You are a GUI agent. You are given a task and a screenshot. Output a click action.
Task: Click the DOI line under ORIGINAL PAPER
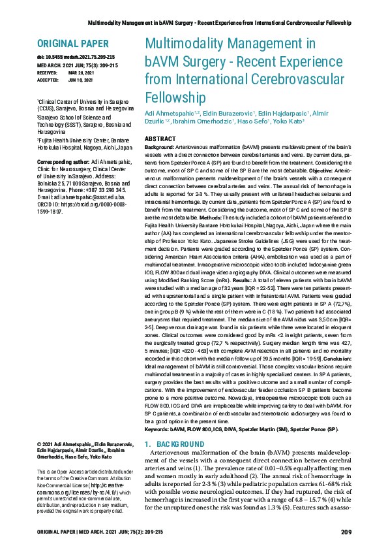pyautogui.click(x=72, y=59)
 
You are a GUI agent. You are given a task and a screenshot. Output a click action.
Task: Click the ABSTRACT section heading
pyautogui.click(x=159, y=139)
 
